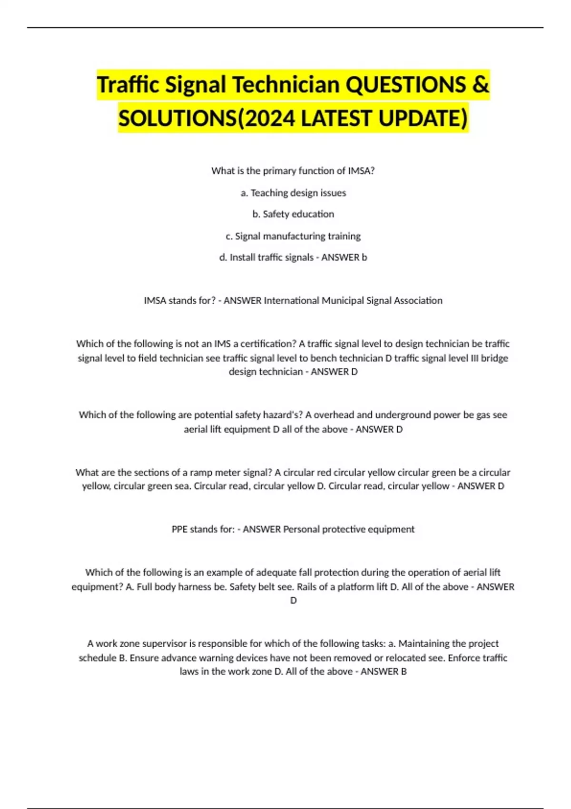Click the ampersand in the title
(481, 85)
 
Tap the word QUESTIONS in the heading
(405, 85)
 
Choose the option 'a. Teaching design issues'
(293, 193)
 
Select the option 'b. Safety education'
(293, 214)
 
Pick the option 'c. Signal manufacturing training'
(293, 236)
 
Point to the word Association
(415, 300)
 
